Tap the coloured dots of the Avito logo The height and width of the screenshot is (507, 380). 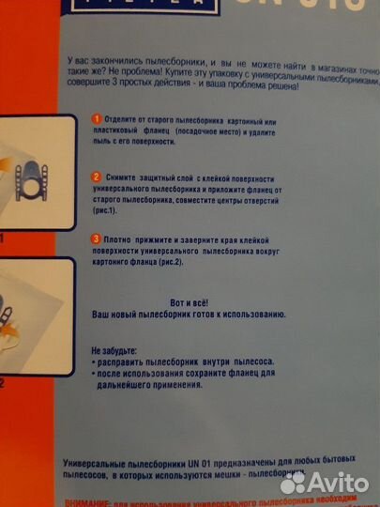(294, 482)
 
